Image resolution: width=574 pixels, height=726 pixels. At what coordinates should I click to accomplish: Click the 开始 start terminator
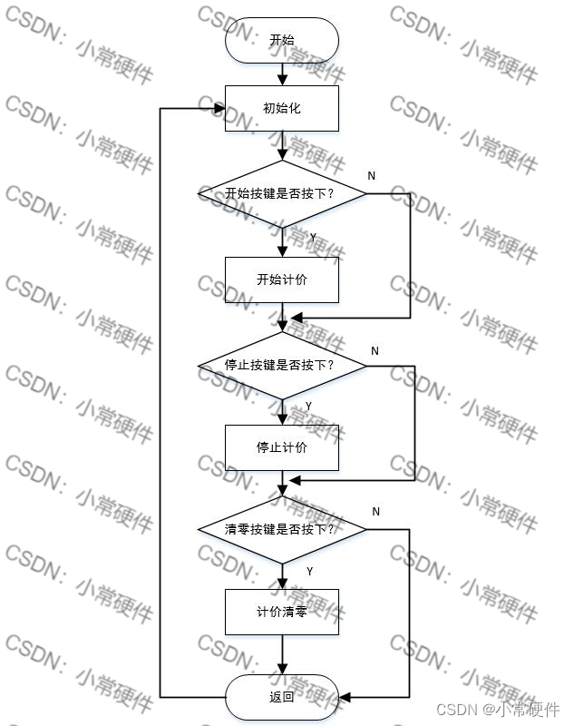[282, 41]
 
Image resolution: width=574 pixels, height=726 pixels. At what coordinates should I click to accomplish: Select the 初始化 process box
[282, 108]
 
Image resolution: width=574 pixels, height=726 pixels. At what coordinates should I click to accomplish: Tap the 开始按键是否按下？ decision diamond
[282, 193]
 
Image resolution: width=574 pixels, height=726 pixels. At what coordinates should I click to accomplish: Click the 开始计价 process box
[282, 280]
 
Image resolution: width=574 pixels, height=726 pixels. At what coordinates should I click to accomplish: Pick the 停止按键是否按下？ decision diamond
[282, 365]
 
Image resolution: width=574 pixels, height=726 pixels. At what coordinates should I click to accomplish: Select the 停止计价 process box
[282, 447]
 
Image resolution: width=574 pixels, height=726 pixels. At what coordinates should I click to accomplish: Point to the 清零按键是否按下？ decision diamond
[282, 529]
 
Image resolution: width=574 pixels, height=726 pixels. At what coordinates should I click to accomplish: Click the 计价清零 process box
[282, 612]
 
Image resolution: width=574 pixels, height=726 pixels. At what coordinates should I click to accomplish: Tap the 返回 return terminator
[282, 697]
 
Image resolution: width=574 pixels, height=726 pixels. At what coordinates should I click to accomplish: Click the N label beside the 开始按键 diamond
[372, 175]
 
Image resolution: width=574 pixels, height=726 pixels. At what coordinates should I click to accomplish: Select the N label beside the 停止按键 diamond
[375, 350]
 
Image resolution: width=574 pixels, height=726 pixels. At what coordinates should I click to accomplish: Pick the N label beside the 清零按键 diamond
[375, 512]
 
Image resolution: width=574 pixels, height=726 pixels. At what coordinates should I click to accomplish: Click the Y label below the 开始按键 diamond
[313, 237]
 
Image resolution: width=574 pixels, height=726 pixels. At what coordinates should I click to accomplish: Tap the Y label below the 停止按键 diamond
[308, 405]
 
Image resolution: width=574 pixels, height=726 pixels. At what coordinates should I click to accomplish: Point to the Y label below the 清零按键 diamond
[309, 572]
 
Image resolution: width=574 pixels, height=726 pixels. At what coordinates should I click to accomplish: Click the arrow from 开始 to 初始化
[282, 74]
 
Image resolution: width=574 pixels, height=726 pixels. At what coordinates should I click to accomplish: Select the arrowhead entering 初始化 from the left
[219, 109]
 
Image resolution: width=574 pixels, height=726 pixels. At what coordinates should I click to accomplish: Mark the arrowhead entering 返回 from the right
[345, 697]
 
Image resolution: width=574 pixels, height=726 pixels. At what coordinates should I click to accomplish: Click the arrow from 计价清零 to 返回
[282, 654]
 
